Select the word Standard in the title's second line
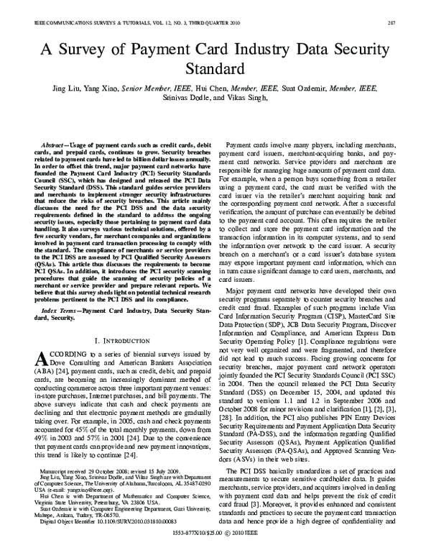click(215, 70)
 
